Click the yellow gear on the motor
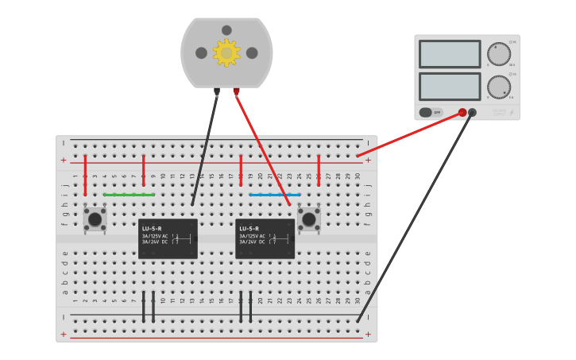(x=226, y=53)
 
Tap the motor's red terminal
(x=236, y=92)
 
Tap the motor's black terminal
(x=216, y=92)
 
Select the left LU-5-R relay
(x=168, y=238)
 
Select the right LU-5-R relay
(x=265, y=238)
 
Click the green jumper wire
(x=129, y=195)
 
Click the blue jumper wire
(x=275, y=195)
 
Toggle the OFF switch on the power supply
(x=431, y=113)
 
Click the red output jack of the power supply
(x=462, y=113)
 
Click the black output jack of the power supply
(x=472, y=113)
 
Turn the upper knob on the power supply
(x=499, y=54)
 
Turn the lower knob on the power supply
(x=499, y=87)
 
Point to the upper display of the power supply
(x=450, y=54)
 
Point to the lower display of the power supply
(x=450, y=87)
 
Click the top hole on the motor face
(x=226, y=30)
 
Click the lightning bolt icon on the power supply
(x=511, y=113)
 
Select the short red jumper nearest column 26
(x=319, y=171)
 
